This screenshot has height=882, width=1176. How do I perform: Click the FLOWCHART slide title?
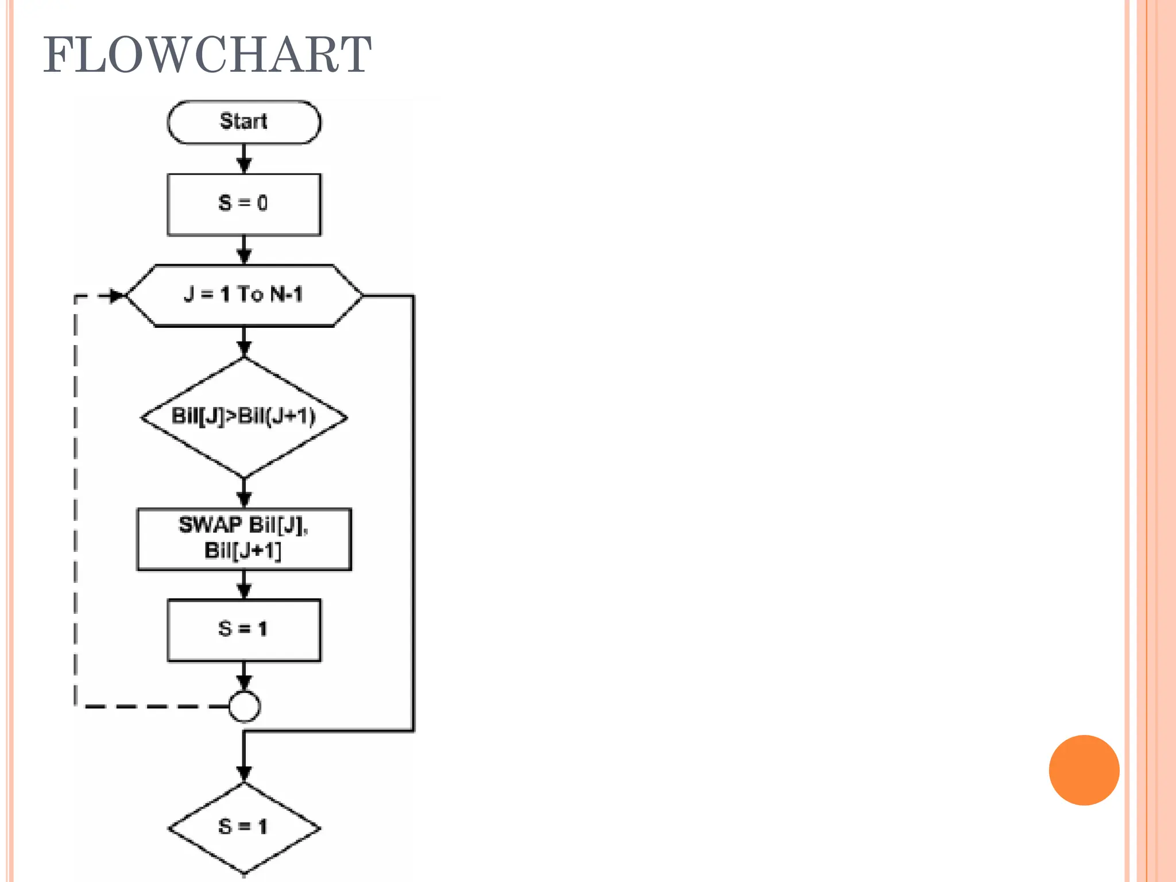[207, 55]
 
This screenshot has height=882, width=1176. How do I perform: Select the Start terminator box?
[244, 122]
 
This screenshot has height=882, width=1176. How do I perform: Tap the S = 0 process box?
[244, 204]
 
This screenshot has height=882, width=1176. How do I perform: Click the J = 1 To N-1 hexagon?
[244, 295]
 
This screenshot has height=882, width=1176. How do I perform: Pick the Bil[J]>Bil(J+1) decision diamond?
[244, 417]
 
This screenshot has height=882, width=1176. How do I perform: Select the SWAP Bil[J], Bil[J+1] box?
[244, 539]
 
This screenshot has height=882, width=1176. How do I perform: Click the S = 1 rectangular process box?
[244, 630]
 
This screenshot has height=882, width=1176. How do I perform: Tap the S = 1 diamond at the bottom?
[244, 827]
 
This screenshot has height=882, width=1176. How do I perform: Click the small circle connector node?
[244, 706]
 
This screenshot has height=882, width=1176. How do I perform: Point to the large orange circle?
[1084, 770]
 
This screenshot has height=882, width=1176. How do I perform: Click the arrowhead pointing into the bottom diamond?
[244, 773]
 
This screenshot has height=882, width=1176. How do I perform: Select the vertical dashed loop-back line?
[76, 500]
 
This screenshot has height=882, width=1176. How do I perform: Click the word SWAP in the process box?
[210, 524]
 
